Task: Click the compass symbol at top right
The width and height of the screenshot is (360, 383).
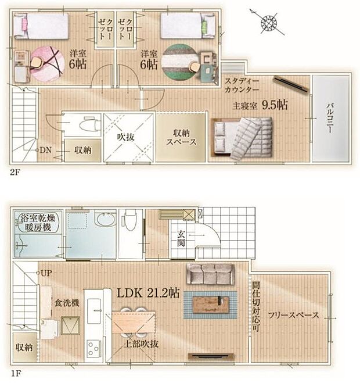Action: point(269,23)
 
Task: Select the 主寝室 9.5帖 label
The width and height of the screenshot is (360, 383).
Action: point(260,105)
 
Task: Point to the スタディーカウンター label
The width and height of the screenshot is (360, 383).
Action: point(243,86)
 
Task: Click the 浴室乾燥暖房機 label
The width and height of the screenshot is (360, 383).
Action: point(38,223)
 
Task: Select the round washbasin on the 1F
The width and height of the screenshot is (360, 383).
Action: point(105,220)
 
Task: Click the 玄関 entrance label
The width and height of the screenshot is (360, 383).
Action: point(181,239)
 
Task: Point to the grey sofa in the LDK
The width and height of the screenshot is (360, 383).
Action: point(210,273)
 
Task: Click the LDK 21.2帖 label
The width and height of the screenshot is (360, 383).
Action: point(149,293)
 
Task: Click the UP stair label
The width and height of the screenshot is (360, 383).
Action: point(46,273)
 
